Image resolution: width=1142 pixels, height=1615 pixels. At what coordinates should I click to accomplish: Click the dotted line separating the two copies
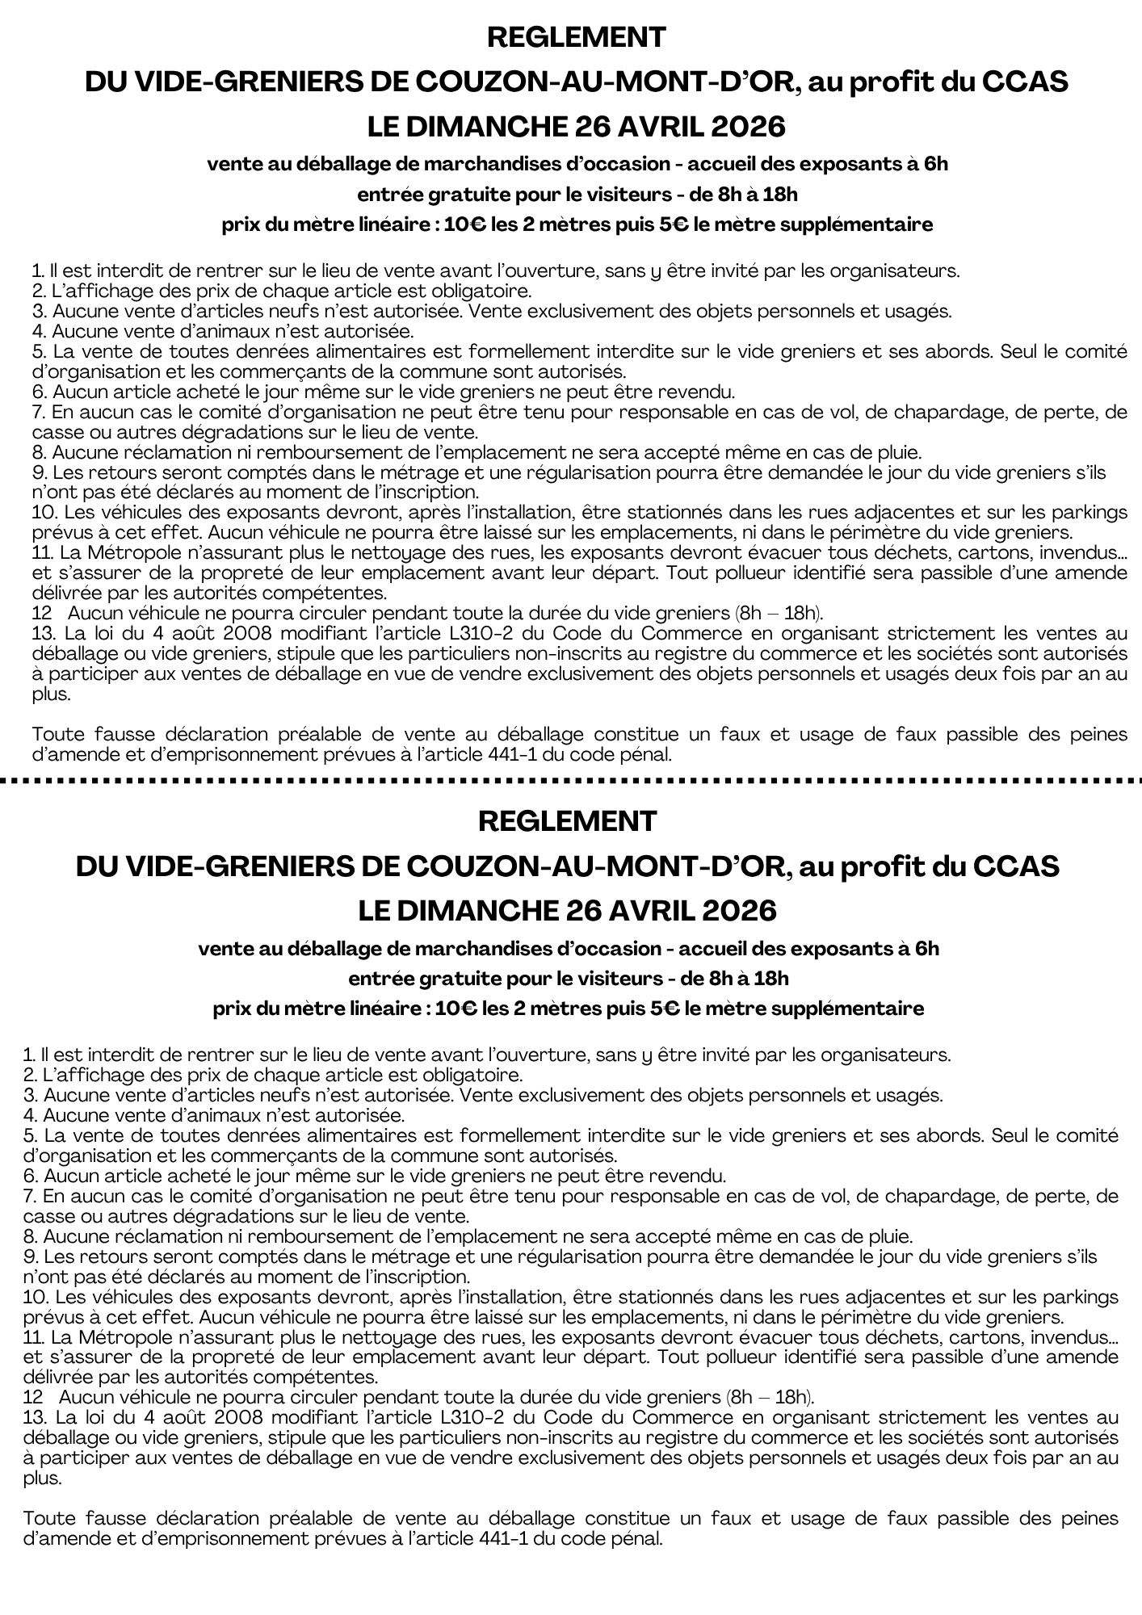(571, 780)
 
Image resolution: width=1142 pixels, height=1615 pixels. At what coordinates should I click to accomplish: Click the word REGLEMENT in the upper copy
(577, 37)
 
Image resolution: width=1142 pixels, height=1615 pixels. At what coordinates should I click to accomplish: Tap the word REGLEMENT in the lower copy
(568, 821)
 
